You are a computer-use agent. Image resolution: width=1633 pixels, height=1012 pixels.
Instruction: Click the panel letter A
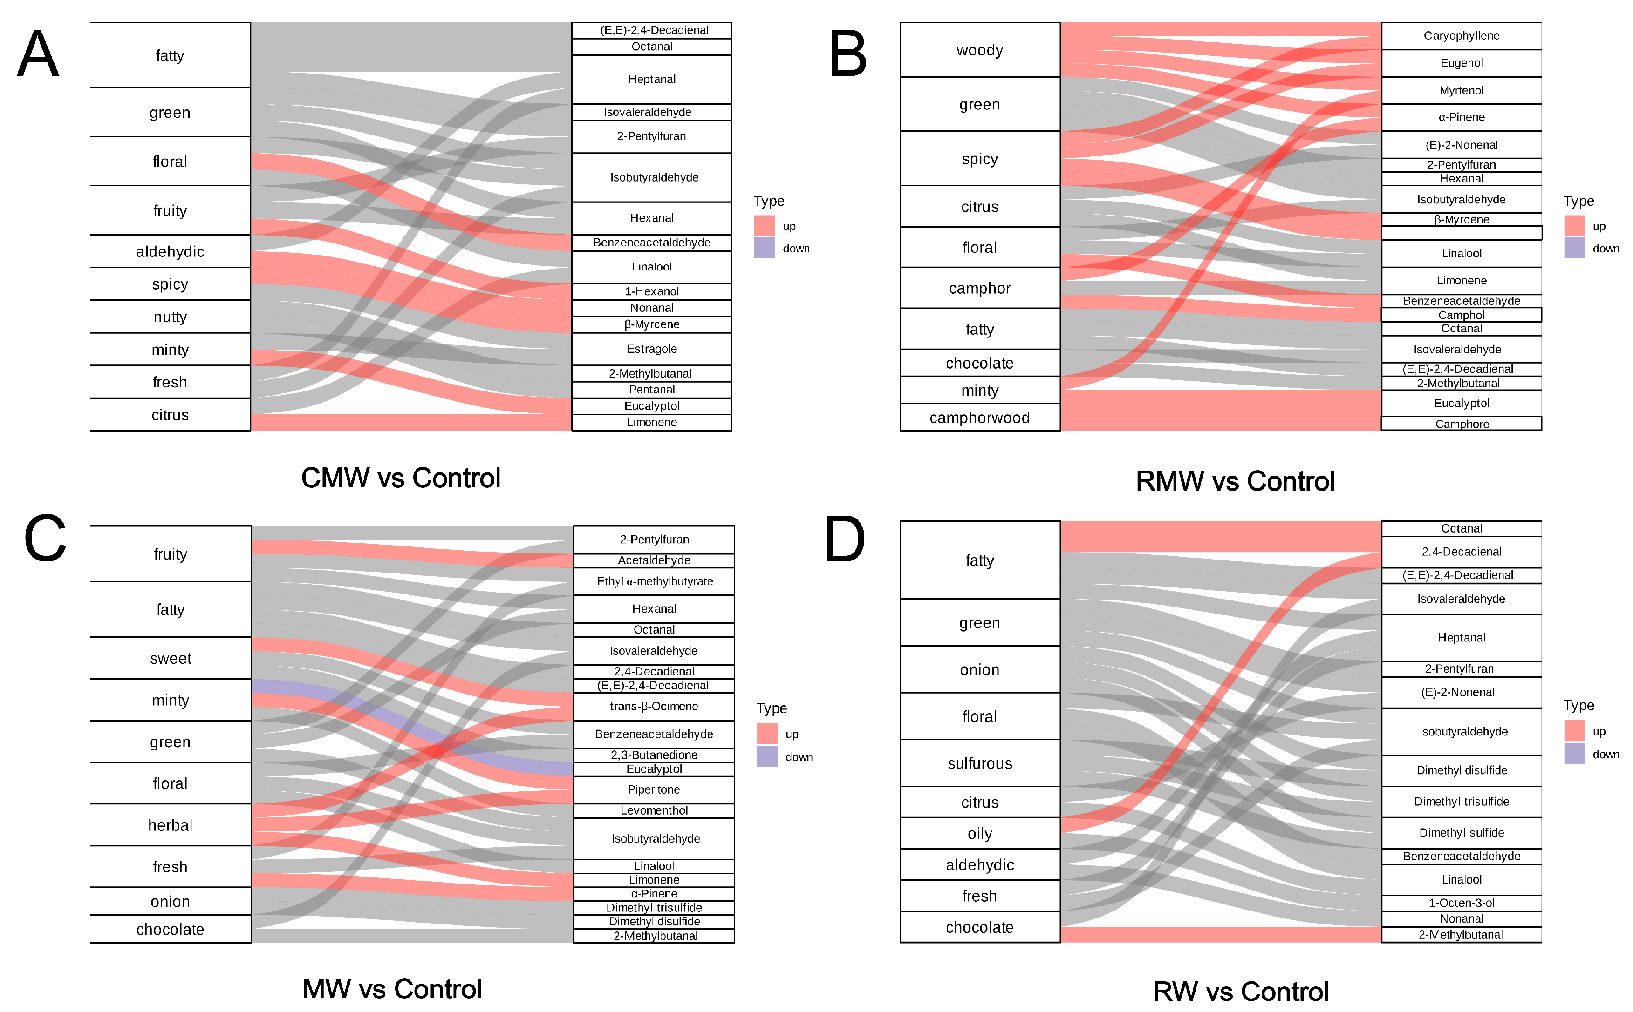[38, 54]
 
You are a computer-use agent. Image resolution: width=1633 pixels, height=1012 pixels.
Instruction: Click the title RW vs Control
[1241, 991]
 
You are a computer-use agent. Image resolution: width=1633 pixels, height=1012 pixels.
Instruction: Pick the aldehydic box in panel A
[170, 252]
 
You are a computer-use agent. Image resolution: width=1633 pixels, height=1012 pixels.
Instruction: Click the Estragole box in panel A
[652, 349]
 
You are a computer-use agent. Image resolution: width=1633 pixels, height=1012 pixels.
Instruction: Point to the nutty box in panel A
[170, 317]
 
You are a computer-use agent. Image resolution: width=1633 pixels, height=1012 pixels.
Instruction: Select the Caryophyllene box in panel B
[1461, 35]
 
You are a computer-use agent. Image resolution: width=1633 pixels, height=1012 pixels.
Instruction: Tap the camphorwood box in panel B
[979, 418]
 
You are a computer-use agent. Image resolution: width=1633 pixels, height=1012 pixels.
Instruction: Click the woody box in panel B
[979, 50]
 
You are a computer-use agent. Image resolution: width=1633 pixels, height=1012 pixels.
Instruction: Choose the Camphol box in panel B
[1461, 315]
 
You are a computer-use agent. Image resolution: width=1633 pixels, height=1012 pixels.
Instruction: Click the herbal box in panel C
[170, 825]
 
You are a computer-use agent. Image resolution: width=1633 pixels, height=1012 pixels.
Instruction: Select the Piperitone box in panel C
[654, 790]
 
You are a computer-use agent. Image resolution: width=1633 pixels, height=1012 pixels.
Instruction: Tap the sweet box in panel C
[170, 659]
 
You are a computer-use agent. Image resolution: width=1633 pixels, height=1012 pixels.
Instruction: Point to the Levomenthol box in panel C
[654, 810]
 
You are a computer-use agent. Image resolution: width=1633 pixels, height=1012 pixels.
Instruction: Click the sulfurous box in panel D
[979, 763]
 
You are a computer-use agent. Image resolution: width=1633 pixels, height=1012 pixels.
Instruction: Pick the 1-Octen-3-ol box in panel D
[1461, 903]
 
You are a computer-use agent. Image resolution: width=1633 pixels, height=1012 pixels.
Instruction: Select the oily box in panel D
[979, 833]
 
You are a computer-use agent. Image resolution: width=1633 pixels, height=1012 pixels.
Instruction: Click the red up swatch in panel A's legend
[764, 226]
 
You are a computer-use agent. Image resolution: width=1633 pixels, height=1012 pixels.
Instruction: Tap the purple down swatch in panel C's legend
[767, 756]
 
